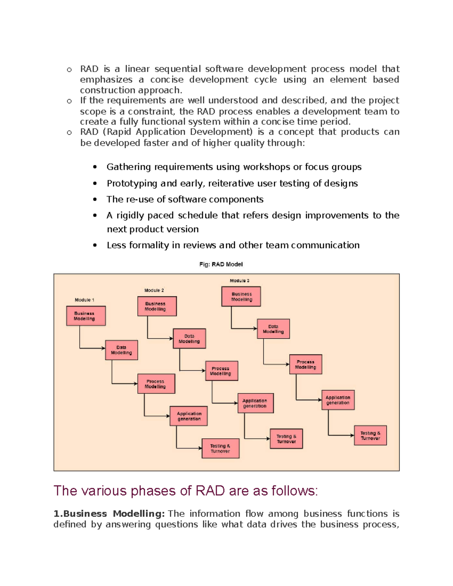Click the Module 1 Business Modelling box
(x=86, y=316)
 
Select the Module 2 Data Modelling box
(x=189, y=338)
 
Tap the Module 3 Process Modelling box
(x=305, y=364)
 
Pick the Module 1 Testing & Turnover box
(x=220, y=448)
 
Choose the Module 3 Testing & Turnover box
(x=370, y=435)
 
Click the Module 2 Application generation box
(x=255, y=403)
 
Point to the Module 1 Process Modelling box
(x=156, y=384)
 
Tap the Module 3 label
(x=239, y=281)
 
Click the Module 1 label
(x=84, y=300)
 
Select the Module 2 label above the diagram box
(x=154, y=290)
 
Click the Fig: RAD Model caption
(x=221, y=264)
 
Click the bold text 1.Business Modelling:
(x=109, y=514)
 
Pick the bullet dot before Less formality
(x=95, y=245)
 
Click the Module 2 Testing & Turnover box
(x=286, y=438)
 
